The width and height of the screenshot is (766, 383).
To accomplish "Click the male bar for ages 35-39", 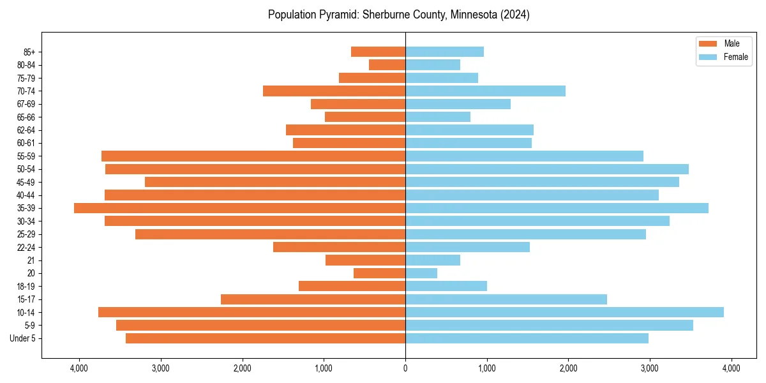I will click(x=239, y=208).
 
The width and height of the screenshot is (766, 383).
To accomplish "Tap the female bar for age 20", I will click(x=421, y=273).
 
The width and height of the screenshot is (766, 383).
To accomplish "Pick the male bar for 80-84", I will click(x=387, y=64).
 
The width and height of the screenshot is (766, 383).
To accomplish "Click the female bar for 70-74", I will click(x=485, y=91).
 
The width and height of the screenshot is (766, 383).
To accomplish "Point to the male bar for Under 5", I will click(x=266, y=338).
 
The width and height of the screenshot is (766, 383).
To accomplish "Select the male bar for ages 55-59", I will click(x=253, y=156).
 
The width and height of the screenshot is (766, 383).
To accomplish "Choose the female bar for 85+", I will click(x=444, y=52).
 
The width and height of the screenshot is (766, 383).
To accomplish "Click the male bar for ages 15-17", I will click(x=313, y=299).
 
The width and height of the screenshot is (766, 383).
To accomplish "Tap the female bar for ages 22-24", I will click(x=467, y=247).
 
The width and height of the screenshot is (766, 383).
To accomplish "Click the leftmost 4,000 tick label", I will click(x=79, y=368).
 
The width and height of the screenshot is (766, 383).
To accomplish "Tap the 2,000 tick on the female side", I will click(x=568, y=368).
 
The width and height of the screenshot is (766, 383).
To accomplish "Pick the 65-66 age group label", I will click(x=26, y=117).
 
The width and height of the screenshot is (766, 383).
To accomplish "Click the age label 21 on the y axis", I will click(x=31, y=260).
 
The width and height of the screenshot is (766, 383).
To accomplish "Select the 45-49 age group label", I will click(x=26, y=182).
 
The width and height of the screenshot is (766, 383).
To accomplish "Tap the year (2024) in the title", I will click(x=516, y=15).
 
